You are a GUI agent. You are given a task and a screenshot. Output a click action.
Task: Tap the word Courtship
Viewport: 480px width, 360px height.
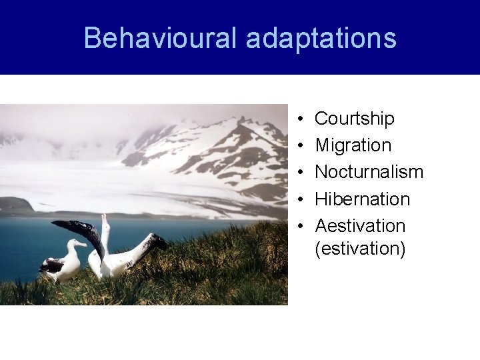(x=354, y=119)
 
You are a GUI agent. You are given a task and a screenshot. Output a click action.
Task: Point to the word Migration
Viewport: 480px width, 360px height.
(x=353, y=145)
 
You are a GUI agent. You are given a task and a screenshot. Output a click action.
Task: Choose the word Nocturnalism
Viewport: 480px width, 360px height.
(x=369, y=172)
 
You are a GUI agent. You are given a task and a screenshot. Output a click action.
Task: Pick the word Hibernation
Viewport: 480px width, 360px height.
(x=362, y=199)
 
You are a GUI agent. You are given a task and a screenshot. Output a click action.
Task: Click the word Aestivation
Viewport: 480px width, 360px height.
(x=360, y=225)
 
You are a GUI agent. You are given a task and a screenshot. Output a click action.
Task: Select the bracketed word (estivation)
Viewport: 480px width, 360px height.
(x=360, y=249)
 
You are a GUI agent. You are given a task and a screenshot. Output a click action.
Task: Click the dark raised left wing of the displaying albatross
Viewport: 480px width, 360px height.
(x=80, y=232)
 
